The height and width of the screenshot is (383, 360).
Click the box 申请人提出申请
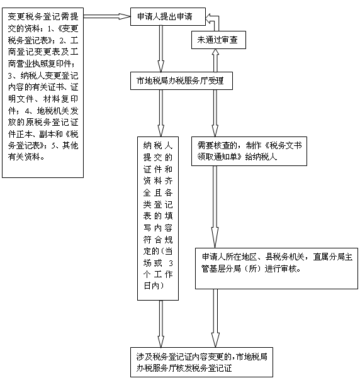click(x=168, y=16)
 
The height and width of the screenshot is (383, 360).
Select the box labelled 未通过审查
click(x=218, y=40)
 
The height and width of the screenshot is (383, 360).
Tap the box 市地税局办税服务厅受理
click(x=181, y=80)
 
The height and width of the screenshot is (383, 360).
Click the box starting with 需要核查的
click(x=249, y=151)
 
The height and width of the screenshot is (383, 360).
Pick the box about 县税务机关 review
click(x=276, y=269)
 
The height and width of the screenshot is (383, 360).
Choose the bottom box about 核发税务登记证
click(x=201, y=362)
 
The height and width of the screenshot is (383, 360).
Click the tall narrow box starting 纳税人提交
click(x=158, y=218)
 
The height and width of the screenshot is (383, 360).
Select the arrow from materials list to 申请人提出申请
click(x=107, y=16)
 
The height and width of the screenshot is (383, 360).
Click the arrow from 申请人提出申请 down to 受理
click(x=161, y=48)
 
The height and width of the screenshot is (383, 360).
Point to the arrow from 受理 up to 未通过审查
click(x=215, y=60)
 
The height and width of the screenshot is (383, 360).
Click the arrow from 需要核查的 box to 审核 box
click(x=215, y=207)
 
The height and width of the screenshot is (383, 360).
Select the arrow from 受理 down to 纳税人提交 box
click(x=161, y=113)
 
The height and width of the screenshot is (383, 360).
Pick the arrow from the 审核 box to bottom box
click(x=215, y=318)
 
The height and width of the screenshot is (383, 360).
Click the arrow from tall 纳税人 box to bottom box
click(x=161, y=324)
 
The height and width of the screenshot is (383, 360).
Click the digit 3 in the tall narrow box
click(x=171, y=264)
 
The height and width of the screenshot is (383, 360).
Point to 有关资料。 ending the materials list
click(x=26, y=157)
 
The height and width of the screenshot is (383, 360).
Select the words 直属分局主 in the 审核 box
click(x=333, y=257)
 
